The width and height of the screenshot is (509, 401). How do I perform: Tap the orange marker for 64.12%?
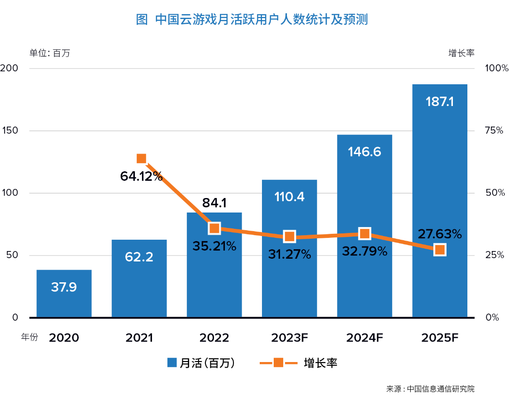(141, 159)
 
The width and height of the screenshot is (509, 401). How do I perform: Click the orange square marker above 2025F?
(439, 250)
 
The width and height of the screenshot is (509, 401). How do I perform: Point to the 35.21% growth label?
(214, 246)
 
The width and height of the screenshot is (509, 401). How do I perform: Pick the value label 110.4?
(290, 197)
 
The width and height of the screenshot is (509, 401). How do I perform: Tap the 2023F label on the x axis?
(290, 338)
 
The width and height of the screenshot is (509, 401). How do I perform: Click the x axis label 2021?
(139, 338)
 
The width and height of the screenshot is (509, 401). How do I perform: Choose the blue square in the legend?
(171, 362)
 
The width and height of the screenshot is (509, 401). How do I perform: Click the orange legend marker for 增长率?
(278, 362)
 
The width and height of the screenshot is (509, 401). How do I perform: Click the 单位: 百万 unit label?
(50, 53)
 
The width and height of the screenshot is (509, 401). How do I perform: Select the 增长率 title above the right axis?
(461, 53)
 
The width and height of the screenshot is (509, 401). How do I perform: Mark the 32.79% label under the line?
(365, 251)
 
